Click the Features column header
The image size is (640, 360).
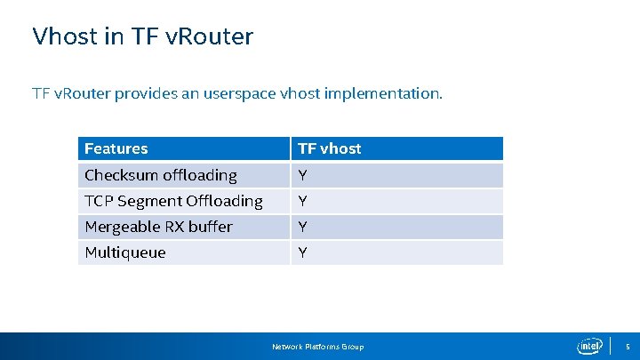[x=116, y=148]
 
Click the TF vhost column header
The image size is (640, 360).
[x=330, y=148]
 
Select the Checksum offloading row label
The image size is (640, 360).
[x=161, y=175]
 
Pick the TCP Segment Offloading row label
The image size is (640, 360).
[x=173, y=201]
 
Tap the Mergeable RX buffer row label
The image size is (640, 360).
[x=158, y=227]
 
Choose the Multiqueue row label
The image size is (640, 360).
[x=125, y=252]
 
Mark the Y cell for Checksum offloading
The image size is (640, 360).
[x=303, y=175]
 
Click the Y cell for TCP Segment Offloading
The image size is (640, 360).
[x=303, y=201]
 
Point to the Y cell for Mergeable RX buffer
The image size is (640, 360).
[x=303, y=227]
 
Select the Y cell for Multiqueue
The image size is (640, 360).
[x=303, y=252]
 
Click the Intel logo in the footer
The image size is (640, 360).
[x=589, y=346]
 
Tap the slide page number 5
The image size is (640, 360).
[x=627, y=346]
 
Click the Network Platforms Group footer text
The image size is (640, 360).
[x=317, y=346]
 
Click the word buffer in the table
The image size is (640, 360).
[x=211, y=227]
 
